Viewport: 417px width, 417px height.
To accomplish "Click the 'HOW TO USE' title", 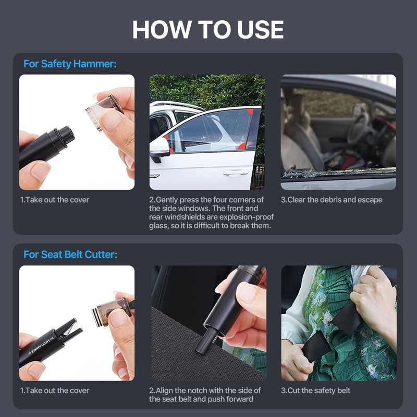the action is (x=208, y=30).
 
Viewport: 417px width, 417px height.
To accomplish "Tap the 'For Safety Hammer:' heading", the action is (x=70, y=64).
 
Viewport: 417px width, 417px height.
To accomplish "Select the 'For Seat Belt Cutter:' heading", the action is (x=70, y=254).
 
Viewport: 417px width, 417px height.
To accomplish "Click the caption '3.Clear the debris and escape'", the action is (x=332, y=200).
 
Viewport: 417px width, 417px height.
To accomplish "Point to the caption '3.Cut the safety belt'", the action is (x=315, y=390).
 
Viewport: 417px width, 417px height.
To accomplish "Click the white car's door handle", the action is (x=236, y=173).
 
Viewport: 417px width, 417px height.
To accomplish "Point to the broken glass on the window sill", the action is (x=338, y=173).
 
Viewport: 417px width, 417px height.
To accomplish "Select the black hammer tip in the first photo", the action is (x=65, y=136).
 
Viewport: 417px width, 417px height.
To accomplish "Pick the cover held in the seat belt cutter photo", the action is (x=112, y=312).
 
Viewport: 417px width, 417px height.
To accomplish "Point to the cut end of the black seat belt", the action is (x=316, y=346).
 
